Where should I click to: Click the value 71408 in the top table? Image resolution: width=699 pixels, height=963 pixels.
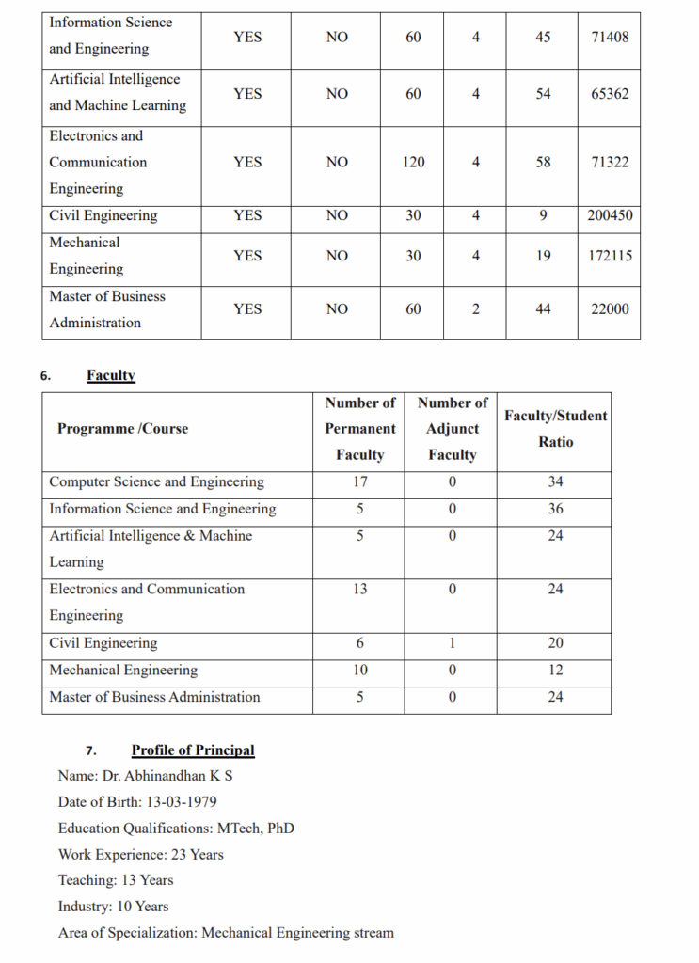(x=610, y=37)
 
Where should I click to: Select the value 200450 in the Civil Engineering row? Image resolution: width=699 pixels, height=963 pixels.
(x=610, y=215)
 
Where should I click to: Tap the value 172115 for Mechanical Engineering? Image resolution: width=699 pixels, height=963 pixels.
(x=610, y=256)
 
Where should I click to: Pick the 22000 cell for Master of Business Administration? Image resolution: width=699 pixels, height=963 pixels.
(x=610, y=309)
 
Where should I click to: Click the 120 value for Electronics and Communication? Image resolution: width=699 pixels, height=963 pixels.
(x=413, y=163)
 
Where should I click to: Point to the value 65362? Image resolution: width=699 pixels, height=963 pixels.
(x=610, y=94)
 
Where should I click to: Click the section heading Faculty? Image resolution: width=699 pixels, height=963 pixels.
(x=111, y=375)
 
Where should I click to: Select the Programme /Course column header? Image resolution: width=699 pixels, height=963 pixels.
(x=122, y=429)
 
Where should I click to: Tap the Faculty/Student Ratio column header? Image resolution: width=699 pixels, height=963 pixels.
(x=556, y=429)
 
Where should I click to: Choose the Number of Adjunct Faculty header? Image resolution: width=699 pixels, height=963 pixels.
(x=453, y=429)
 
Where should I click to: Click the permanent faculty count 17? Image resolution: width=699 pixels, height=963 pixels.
(x=359, y=482)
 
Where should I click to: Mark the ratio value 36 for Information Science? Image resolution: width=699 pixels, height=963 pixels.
(x=556, y=509)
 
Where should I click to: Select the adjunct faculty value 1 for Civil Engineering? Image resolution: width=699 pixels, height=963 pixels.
(x=453, y=643)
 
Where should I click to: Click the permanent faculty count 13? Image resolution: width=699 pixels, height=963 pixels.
(x=359, y=590)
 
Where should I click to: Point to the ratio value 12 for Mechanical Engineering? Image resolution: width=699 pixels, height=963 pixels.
(x=556, y=671)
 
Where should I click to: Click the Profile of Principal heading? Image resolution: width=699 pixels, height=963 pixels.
(x=193, y=750)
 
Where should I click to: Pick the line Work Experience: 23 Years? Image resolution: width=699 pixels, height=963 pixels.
(x=141, y=855)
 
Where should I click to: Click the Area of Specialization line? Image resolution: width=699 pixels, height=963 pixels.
(x=226, y=933)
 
